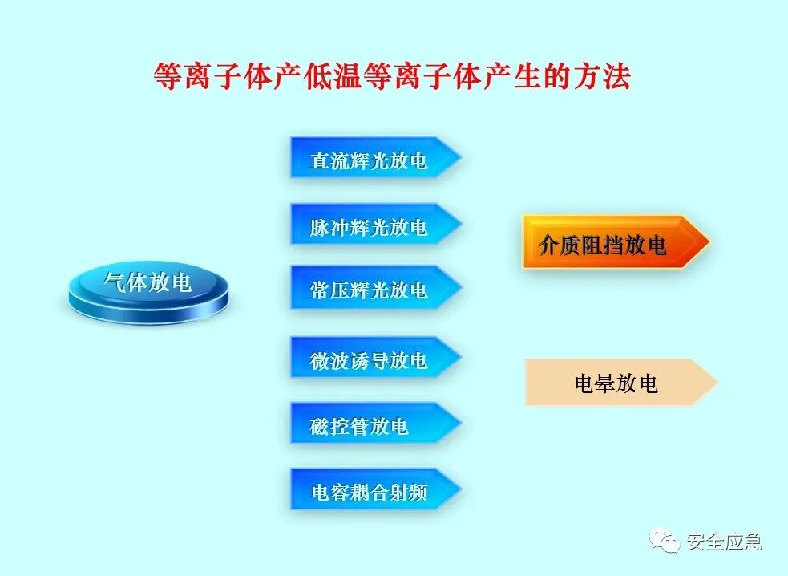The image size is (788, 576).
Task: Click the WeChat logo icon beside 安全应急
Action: (x=665, y=542)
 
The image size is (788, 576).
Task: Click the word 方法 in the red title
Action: (x=607, y=77)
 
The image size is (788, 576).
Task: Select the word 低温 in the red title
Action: (x=333, y=77)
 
